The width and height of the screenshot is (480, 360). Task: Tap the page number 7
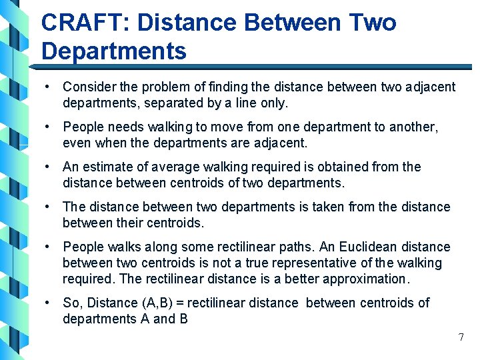click(461, 337)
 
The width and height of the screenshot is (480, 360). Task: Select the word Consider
click(89, 87)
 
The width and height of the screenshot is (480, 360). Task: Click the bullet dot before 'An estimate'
click(49, 167)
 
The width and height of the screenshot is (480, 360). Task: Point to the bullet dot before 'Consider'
click(49, 87)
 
